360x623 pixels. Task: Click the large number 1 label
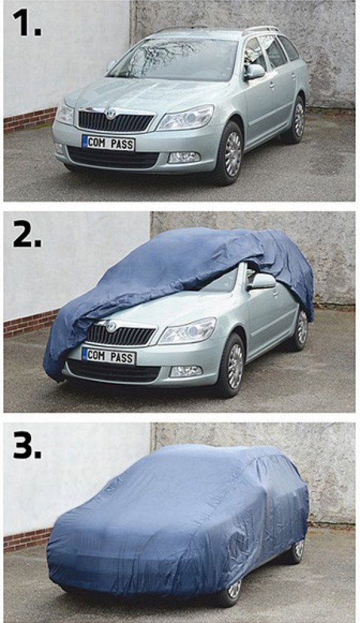26,22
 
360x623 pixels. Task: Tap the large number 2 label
27,233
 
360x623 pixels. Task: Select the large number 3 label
27,444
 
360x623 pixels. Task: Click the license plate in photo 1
108,143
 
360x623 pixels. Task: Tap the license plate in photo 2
109,356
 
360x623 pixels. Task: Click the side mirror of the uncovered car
254,72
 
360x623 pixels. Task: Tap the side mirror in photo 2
262,282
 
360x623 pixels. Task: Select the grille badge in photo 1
111,113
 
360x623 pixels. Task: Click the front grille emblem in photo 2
112,326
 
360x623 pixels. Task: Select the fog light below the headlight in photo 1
184,158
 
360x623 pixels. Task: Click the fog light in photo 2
186,371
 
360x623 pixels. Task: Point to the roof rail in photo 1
261,29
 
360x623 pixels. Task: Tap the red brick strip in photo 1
30,120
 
